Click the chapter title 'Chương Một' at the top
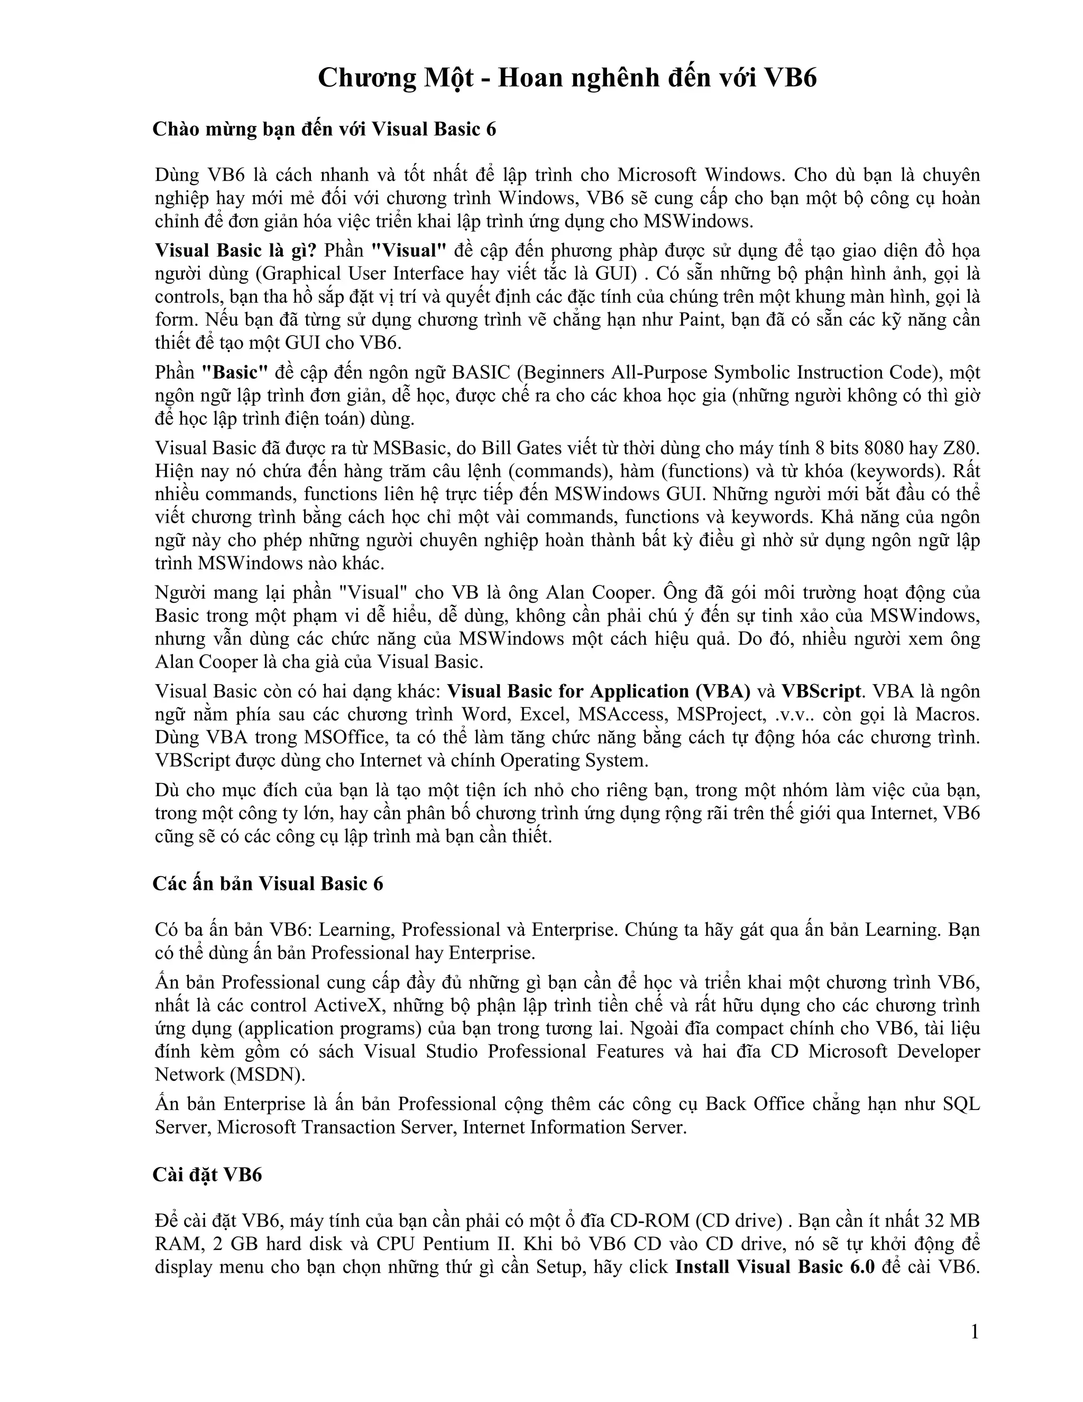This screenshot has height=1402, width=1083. click(396, 78)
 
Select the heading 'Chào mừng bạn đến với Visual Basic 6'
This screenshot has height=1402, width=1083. click(324, 129)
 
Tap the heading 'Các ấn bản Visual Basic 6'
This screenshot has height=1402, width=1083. click(268, 884)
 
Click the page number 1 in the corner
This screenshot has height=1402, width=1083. click(975, 1332)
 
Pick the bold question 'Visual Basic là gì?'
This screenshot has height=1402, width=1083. click(236, 250)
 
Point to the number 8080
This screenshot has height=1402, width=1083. click(885, 448)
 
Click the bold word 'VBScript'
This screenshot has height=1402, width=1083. click(821, 691)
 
